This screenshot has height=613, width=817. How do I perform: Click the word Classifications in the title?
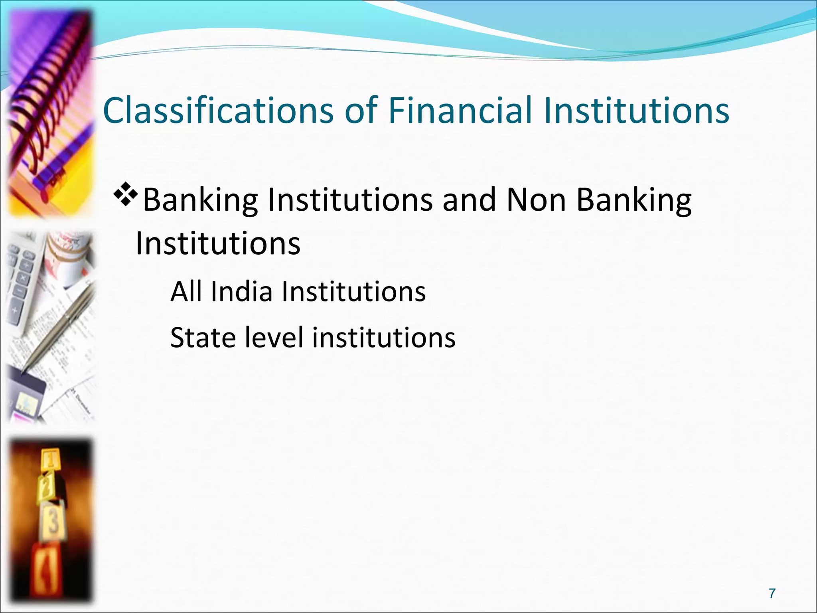(218, 111)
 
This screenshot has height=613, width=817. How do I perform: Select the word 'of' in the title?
(361, 111)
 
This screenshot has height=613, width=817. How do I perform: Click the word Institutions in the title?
(636, 111)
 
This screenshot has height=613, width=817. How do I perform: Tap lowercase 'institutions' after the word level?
(383, 338)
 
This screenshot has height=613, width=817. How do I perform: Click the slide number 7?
(772, 593)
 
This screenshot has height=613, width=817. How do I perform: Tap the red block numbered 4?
(46, 567)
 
